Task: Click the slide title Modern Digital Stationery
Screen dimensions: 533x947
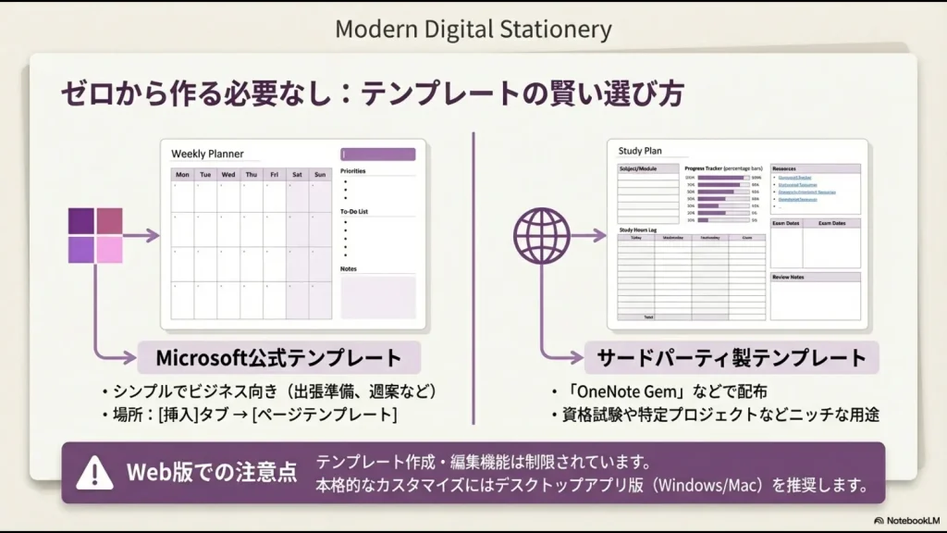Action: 473,29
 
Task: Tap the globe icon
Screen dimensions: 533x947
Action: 542,235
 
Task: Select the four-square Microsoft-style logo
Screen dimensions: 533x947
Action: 95,235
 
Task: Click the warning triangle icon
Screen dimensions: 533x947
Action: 94,473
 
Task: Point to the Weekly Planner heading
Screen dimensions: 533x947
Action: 202,154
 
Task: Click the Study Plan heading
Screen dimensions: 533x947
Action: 640,150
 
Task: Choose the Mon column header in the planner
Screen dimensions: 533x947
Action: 183,174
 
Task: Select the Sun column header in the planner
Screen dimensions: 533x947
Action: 319,174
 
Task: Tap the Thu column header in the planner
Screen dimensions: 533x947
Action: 251,174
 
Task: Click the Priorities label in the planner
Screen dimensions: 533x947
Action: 352,171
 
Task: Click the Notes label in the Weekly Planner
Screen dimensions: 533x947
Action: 349,269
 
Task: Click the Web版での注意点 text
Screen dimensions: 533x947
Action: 212,473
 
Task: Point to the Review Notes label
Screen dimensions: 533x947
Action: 788,277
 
